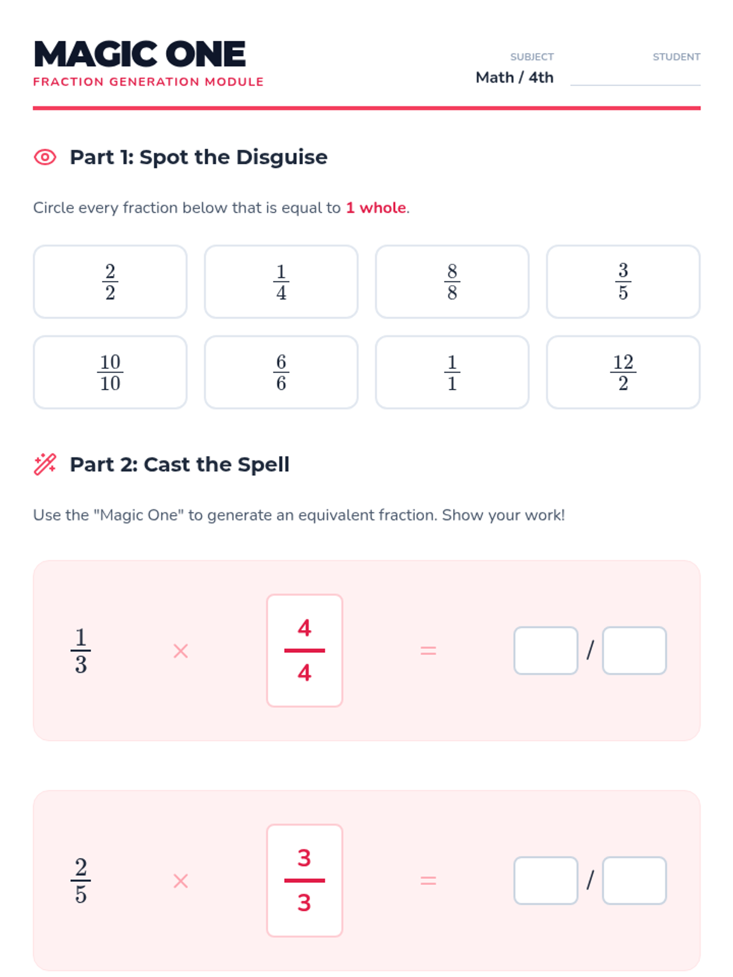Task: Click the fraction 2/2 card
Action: [110, 281]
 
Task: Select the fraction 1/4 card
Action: [281, 281]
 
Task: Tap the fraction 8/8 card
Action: [452, 281]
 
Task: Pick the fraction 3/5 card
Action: [622, 281]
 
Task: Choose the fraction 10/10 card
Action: [110, 372]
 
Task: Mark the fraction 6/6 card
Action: [281, 372]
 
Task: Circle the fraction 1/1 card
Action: [452, 372]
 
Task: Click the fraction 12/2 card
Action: [622, 372]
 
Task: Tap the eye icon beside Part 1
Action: [45, 157]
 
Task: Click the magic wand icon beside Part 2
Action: [45, 464]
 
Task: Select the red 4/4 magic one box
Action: [304, 650]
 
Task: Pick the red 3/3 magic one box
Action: [304, 880]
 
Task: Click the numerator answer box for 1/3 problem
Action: [545, 650]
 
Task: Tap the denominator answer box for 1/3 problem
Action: [634, 650]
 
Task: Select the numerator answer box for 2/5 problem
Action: [545, 880]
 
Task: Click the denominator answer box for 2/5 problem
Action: [634, 880]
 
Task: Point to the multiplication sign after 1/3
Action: [181, 651]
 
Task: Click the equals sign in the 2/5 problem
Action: [428, 881]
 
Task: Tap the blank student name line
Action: [635, 84]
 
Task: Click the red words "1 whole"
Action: [376, 208]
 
